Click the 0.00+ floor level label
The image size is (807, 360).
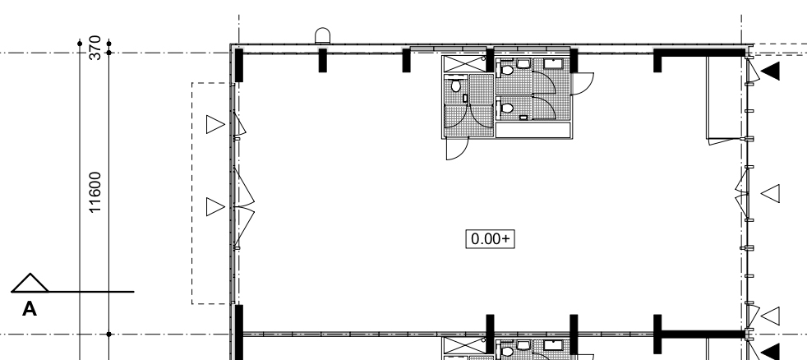pyautogui.click(x=490, y=239)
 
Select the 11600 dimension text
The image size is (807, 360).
pyautogui.click(x=95, y=192)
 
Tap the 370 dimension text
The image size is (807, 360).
pyautogui.click(x=95, y=48)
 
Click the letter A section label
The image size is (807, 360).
pyautogui.click(x=30, y=309)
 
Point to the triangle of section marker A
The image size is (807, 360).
pyautogui.click(x=30, y=283)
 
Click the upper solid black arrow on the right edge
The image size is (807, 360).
pyautogui.click(x=770, y=71)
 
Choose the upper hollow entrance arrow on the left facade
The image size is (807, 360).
pyautogui.click(x=215, y=125)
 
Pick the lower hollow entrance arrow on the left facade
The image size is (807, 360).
pyautogui.click(x=215, y=207)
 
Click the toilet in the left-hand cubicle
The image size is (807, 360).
pyautogui.click(x=455, y=85)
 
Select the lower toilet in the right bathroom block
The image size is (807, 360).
pyautogui.click(x=507, y=108)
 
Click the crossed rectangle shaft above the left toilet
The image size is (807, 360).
pyautogui.click(x=464, y=64)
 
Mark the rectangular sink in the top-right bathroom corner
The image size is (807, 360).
pyautogui.click(x=553, y=64)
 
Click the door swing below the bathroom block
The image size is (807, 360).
pyautogui.click(x=458, y=148)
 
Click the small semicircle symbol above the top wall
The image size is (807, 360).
pyautogui.click(x=323, y=35)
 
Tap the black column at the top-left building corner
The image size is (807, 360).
pyautogui.click(x=239, y=65)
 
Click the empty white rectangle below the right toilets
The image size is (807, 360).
pyautogui.click(x=533, y=130)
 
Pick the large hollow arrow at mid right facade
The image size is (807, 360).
pyautogui.click(x=770, y=194)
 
